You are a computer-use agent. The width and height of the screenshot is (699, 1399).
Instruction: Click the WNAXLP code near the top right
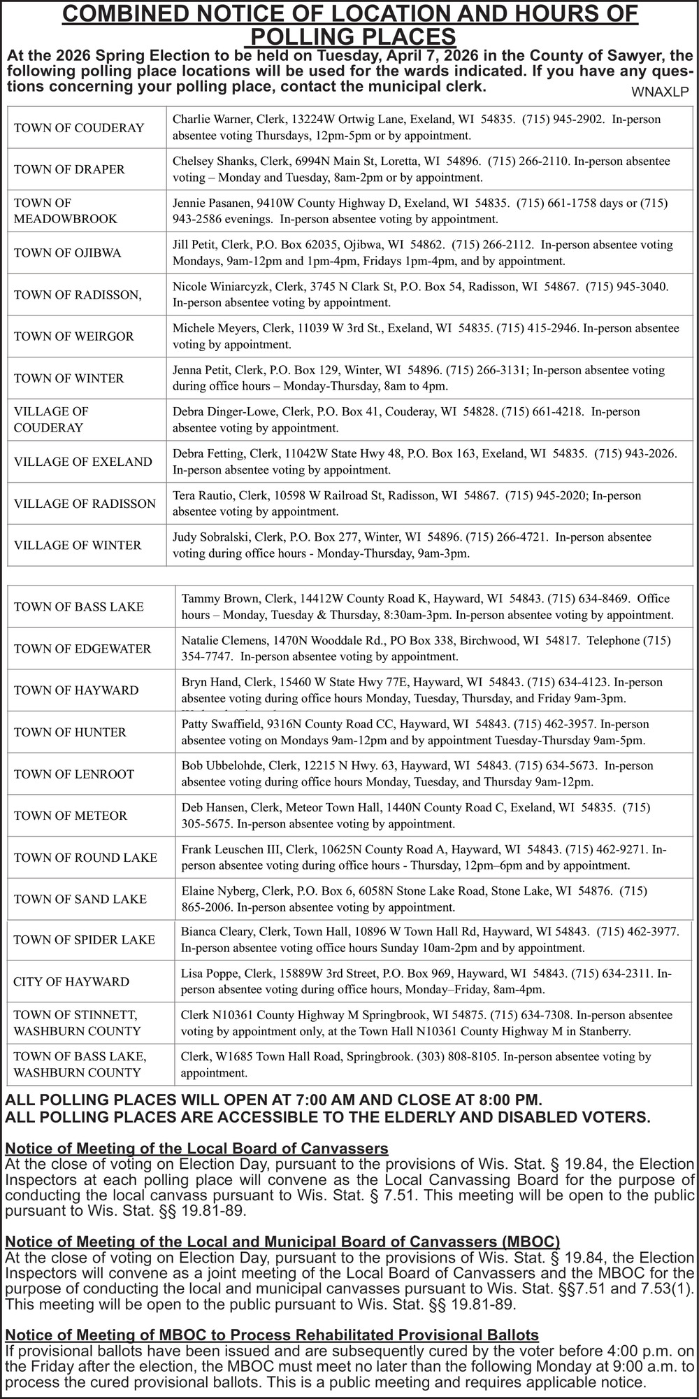660,92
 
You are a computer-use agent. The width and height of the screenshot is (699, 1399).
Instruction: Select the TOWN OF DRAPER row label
69,169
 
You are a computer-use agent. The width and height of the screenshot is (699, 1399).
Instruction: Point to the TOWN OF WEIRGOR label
73,336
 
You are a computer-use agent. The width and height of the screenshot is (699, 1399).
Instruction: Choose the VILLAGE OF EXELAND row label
82,462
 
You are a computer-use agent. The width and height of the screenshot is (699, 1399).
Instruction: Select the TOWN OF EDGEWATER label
82,648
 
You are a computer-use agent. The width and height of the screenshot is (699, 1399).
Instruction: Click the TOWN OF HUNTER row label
70,732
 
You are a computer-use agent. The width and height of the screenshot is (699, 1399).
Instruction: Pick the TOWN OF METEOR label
71,816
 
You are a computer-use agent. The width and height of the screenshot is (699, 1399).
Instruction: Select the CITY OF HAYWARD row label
71,981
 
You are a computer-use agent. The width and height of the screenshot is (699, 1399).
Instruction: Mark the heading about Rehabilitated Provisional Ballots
272,1335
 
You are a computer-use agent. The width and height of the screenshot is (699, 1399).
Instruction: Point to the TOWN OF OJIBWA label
67,253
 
